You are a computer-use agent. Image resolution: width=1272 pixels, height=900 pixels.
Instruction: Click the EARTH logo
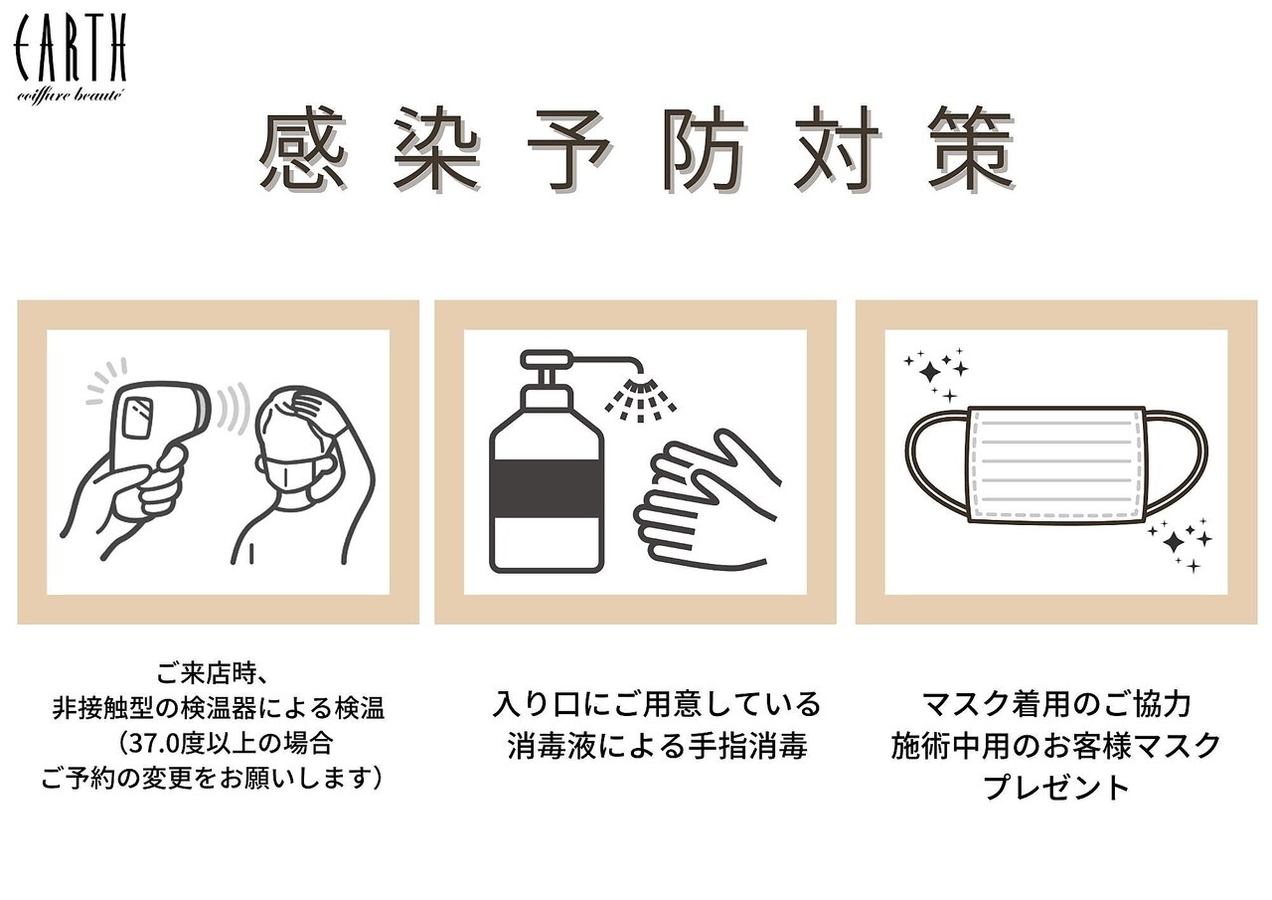(70, 59)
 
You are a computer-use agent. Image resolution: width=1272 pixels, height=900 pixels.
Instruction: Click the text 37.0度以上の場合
(224, 742)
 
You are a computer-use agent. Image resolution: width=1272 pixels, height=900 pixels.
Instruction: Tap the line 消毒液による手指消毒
(657, 746)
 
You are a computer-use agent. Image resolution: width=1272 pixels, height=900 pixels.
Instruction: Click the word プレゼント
(1056, 788)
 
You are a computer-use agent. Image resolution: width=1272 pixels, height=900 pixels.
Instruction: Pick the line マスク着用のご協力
(1056, 704)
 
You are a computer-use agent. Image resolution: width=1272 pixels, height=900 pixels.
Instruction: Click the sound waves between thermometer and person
(232, 409)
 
